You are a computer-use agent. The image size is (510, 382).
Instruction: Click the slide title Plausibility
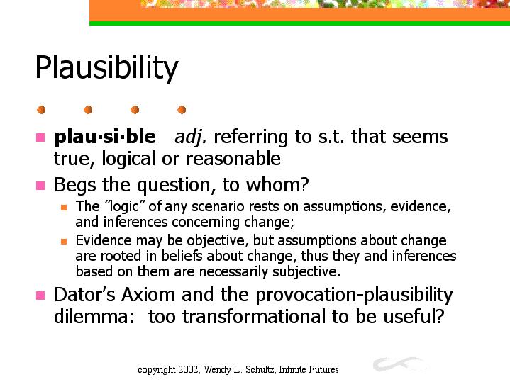106,68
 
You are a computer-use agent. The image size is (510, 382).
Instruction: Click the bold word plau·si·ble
105,137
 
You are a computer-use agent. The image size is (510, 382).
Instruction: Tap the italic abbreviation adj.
190,137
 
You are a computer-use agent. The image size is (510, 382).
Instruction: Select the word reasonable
233,159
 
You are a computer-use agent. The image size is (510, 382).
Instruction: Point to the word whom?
277,185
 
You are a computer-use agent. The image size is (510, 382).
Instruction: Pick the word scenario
218,206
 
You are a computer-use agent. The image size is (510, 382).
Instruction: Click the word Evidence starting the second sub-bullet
104,240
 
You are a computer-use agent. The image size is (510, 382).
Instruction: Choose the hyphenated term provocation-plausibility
354,296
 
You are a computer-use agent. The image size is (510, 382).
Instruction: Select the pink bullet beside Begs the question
40,186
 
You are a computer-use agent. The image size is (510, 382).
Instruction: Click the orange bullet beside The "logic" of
64,207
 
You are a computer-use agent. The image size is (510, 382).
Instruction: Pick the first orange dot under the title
41,110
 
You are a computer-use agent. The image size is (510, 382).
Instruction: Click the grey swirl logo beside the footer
399,364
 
